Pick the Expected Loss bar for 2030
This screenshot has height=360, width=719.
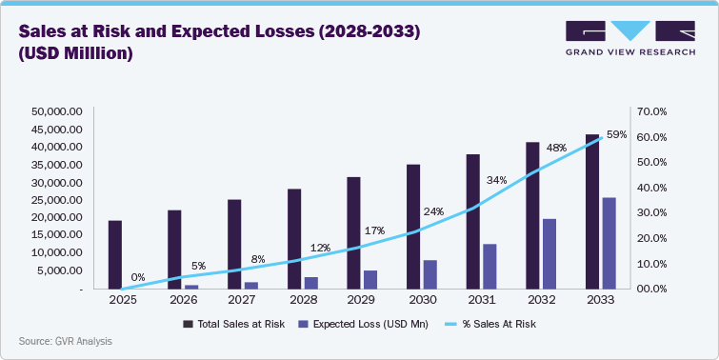pos(430,274)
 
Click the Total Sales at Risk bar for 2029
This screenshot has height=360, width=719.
pos(353,232)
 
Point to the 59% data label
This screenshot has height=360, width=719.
pos(616,135)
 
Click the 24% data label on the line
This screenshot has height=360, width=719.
pos(433,211)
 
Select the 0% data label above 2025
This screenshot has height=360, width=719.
pos(138,277)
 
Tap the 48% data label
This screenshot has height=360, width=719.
pos(556,149)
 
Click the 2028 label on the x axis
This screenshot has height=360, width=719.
pos(302,299)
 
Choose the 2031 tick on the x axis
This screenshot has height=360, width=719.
pos(481,299)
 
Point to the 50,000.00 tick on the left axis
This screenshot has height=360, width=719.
pos(59,111)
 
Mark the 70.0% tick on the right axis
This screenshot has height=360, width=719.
pos(654,111)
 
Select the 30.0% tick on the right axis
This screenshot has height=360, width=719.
pos(654,213)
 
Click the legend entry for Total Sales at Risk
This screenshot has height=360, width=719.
pos(228,324)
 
